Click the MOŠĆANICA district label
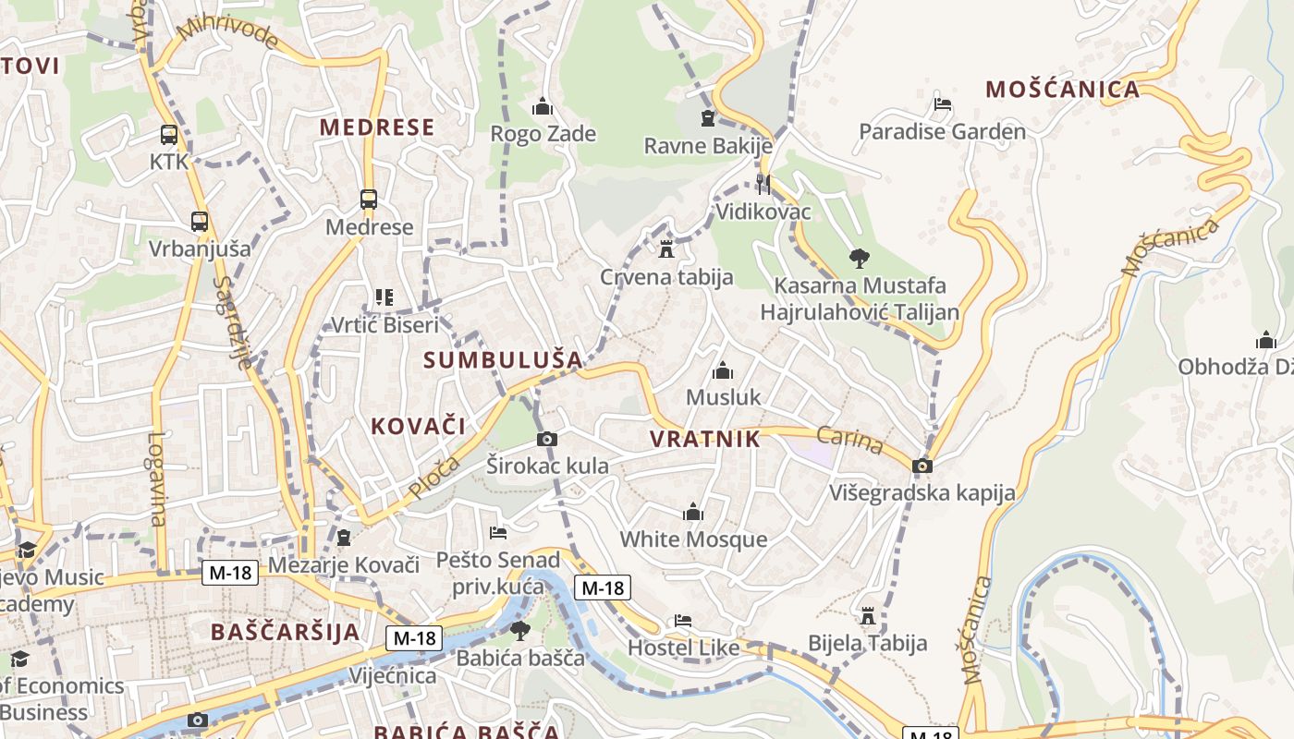pos(1062,90)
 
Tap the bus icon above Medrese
pos(368,199)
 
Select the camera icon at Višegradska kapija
pos(922,466)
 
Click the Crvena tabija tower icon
pos(665,248)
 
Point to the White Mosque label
pos(693,539)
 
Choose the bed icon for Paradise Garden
pos(942,104)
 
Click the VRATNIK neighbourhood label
pos(704,439)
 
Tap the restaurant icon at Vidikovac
pos(763,183)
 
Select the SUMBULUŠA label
pos(503,360)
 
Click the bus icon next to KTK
pos(168,135)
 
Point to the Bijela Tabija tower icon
pos(867,615)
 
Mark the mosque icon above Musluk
pos(722,370)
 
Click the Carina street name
pos(849,440)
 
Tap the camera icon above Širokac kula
pos(547,439)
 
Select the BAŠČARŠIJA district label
pos(285,633)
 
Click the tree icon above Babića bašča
pos(520,631)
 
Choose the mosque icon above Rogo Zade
pos(542,106)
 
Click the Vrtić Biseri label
pos(385,325)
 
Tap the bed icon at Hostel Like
pos(682,620)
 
